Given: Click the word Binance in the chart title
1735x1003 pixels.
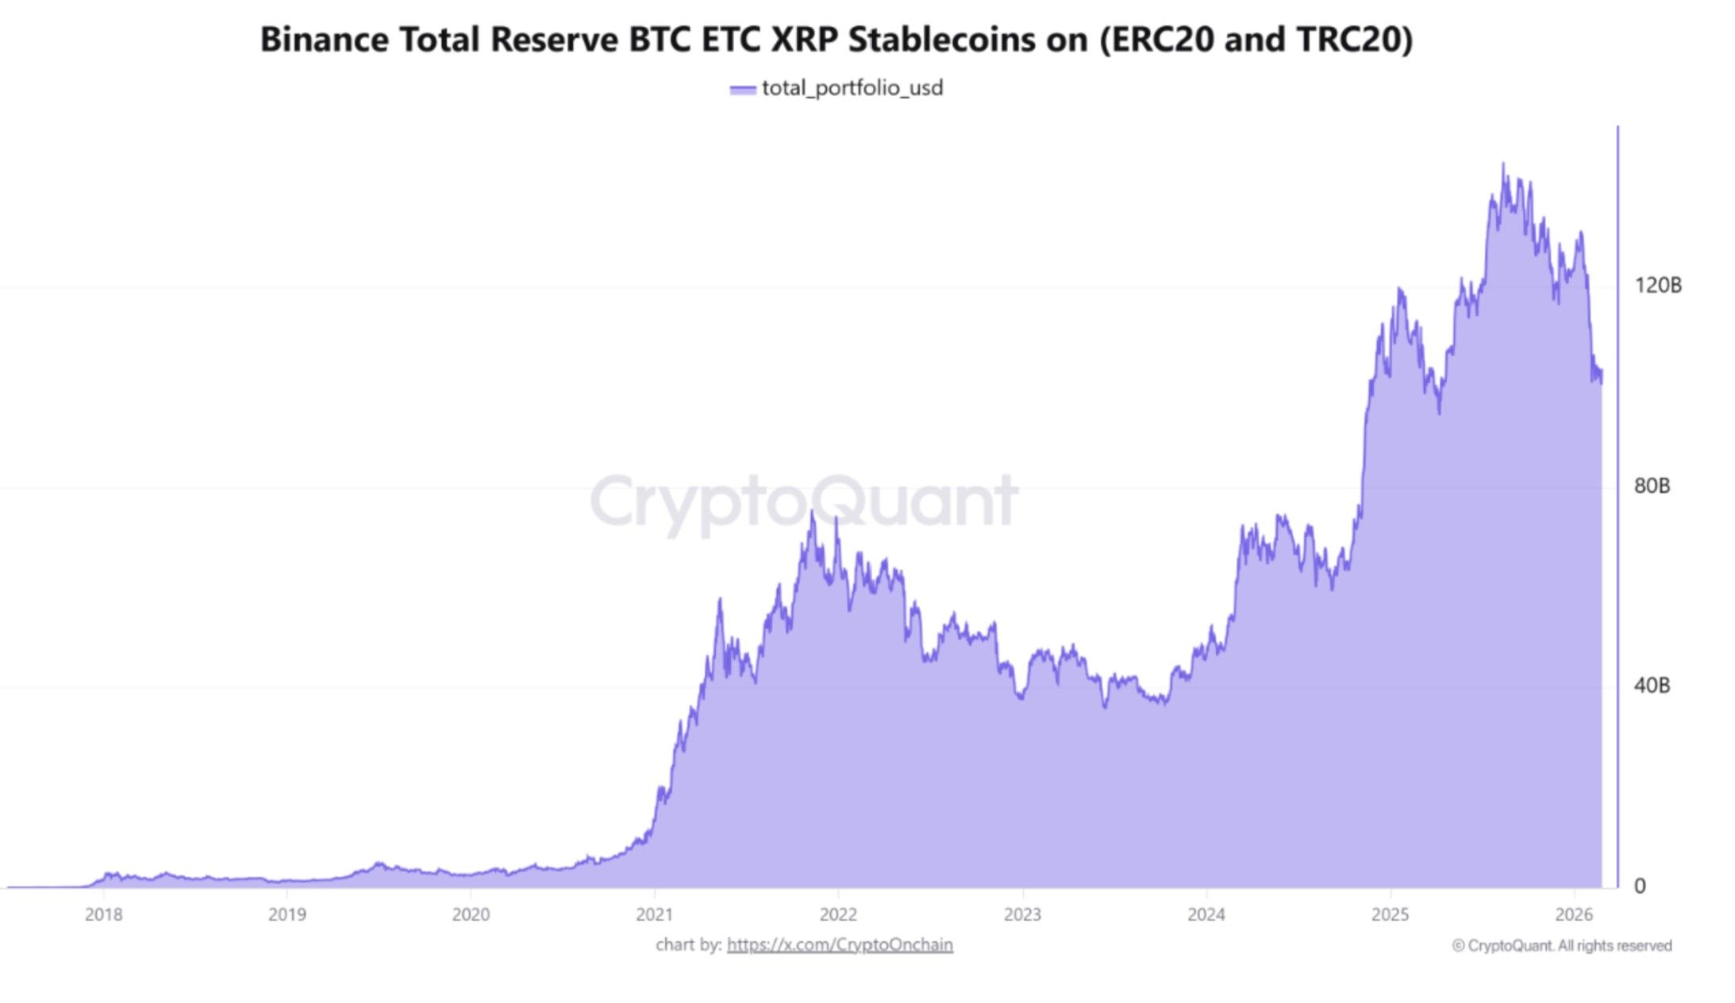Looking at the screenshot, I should (x=324, y=40).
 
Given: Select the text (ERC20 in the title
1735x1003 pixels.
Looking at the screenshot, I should (x=1156, y=40).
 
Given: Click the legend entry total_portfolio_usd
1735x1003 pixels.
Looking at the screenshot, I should (x=852, y=88).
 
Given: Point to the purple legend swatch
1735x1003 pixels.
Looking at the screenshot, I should (x=742, y=90).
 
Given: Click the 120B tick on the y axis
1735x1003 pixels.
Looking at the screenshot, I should (x=1657, y=285).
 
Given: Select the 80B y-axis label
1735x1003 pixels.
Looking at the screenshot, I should (x=1652, y=486).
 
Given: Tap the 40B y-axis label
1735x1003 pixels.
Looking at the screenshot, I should (x=1652, y=686).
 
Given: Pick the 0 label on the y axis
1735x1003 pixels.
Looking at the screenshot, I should (x=1640, y=886).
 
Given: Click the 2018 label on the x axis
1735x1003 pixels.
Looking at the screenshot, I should (x=104, y=915).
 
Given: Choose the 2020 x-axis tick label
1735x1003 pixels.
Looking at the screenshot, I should (x=471, y=915).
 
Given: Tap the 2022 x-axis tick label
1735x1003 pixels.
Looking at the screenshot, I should (x=838, y=915).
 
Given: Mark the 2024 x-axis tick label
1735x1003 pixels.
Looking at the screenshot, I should (x=1206, y=915).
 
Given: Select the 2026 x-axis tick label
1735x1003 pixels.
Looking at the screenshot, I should (x=1573, y=915).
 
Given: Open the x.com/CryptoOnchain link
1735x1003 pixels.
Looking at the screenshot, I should (x=840, y=945).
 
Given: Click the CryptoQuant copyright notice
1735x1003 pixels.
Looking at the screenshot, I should (x=1561, y=946).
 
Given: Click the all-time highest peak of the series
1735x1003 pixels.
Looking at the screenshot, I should (x=1502, y=164).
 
